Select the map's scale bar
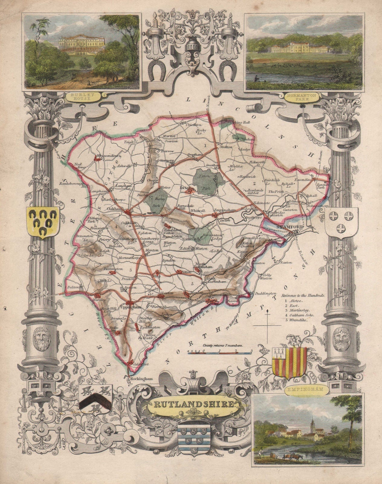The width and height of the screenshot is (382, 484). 220,352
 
